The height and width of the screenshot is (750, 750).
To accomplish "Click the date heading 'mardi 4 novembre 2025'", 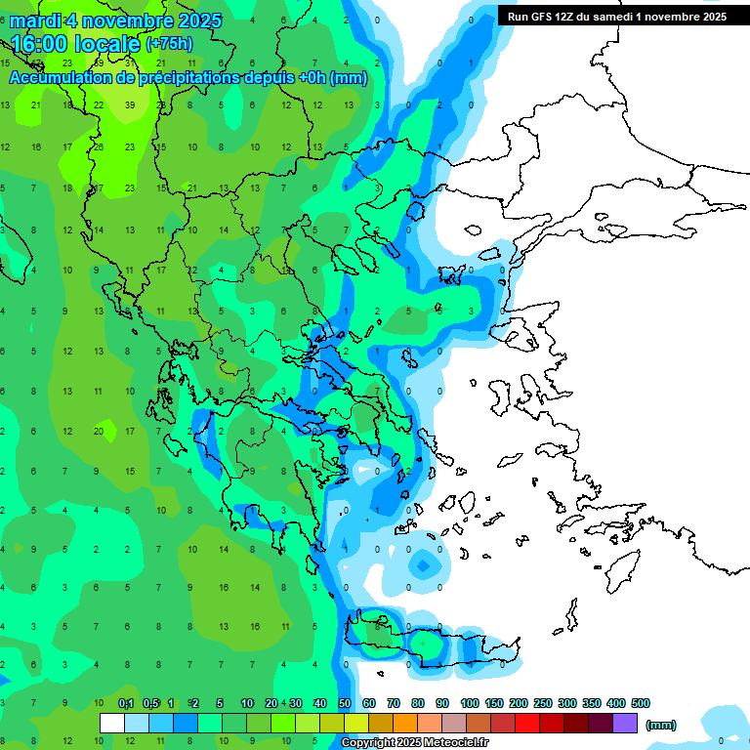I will (115, 20).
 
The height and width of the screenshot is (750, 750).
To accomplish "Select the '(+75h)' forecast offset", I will (169, 44).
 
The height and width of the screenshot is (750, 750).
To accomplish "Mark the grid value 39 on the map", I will (129, 105).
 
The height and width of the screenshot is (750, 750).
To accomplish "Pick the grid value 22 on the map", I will (99, 105).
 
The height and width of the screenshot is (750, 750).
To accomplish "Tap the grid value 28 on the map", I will (99, 146).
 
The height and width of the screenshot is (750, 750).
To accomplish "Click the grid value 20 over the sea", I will (99, 431).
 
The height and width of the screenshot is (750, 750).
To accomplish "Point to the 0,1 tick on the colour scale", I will (125, 703).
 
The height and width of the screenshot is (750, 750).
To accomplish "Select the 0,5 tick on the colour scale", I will (150, 703).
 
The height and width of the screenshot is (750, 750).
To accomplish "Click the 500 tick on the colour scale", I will (641, 703).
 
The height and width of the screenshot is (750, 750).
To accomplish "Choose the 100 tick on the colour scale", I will (469, 703).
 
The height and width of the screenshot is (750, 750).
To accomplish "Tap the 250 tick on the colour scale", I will (542, 703).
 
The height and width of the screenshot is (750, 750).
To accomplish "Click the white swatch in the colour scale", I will (112, 724).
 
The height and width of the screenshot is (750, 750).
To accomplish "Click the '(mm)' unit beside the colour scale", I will (661, 725).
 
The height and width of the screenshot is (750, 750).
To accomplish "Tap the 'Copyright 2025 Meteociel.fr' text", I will (414, 743).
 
